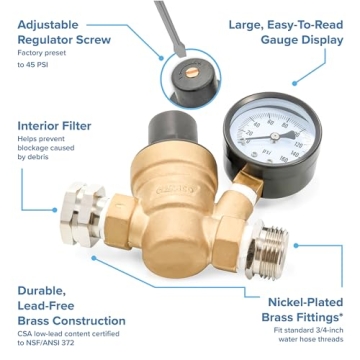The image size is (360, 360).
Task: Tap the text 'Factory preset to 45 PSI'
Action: (x=45, y=56)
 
